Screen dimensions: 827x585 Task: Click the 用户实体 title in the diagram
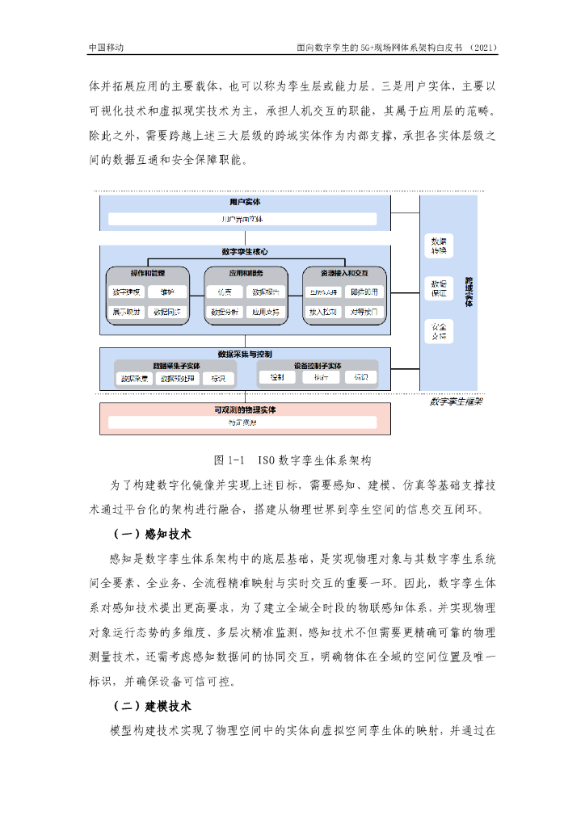coord(244,202)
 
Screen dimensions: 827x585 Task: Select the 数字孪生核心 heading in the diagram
coord(244,252)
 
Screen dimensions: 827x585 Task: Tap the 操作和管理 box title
coord(147,274)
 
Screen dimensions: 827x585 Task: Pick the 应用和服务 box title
coord(245,274)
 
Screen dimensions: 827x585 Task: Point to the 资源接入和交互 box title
coord(343,274)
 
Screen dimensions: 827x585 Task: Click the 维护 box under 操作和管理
coord(166,292)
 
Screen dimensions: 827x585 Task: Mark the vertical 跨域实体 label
coord(469,292)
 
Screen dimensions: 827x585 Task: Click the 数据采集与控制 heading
coord(244,354)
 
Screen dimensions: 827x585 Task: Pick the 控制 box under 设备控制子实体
coord(276,377)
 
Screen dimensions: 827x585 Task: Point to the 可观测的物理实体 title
coord(244,410)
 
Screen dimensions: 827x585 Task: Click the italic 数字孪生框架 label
coord(456,401)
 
